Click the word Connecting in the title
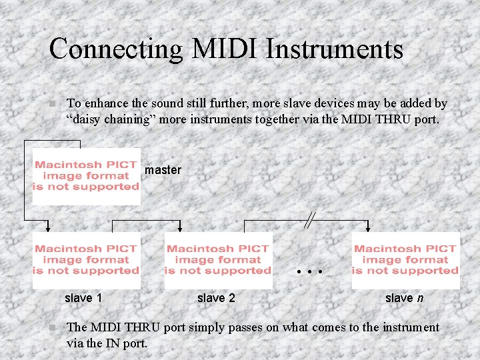pyautogui.click(x=115, y=49)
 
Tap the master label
pyautogui.click(x=163, y=170)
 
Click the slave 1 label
pyautogui.click(x=83, y=298)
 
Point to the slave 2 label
pyautogui.click(x=216, y=298)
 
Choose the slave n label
pyautogui.click(x=404, y=298)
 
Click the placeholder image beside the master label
pyautogui.click(x=87, y=176)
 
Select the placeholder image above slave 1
pyautogui.click(x=86, y=260)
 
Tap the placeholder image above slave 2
pyautogui.click(x=218, y=260)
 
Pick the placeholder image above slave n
pyautogui.click(x=405, y=260)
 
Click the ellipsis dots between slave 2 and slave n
pyautogui.click(x=311, y=272)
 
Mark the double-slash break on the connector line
pyautogui.click(x=309, y=219)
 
